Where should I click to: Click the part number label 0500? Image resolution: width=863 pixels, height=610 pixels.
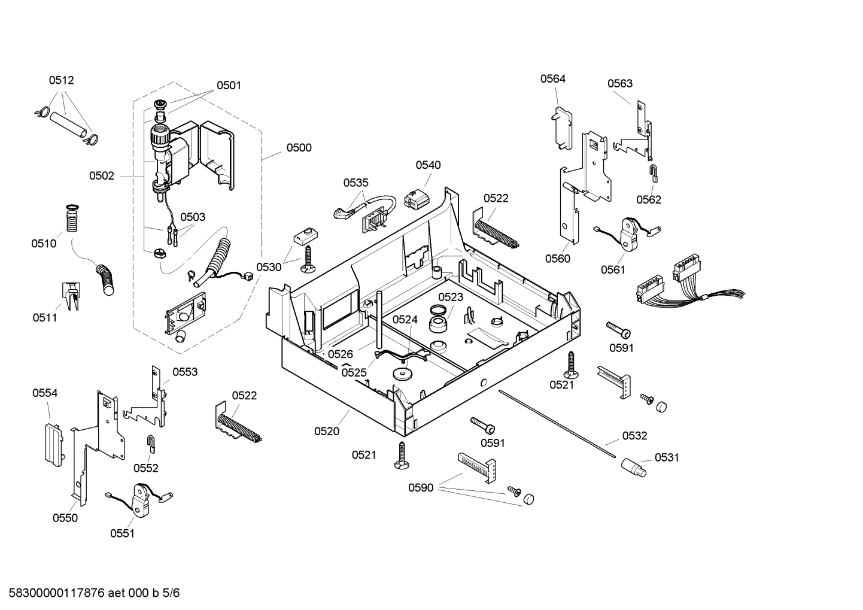click(x=299, y=148)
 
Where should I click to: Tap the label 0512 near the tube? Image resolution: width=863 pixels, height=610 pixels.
click(x=61, y=80)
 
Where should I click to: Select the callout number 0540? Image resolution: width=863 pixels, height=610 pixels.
click(x=428, y=165)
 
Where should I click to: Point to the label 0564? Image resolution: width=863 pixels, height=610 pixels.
click(x=552, y=78)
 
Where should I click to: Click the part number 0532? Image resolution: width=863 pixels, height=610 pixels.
click(x=634, y=436)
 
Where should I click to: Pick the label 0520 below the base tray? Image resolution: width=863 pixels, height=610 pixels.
click(x=327, y=431)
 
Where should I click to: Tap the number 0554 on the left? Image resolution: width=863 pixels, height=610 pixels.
click(x=45, y=393)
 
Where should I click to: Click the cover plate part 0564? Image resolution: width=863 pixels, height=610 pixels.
click(x=561, y=128)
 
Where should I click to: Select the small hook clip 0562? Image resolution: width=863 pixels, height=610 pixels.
click(x=654, y=172)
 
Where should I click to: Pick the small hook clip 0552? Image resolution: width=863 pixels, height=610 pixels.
click(x=151, y=444)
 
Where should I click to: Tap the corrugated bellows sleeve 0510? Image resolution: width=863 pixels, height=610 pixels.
click(x=72, y=220)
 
